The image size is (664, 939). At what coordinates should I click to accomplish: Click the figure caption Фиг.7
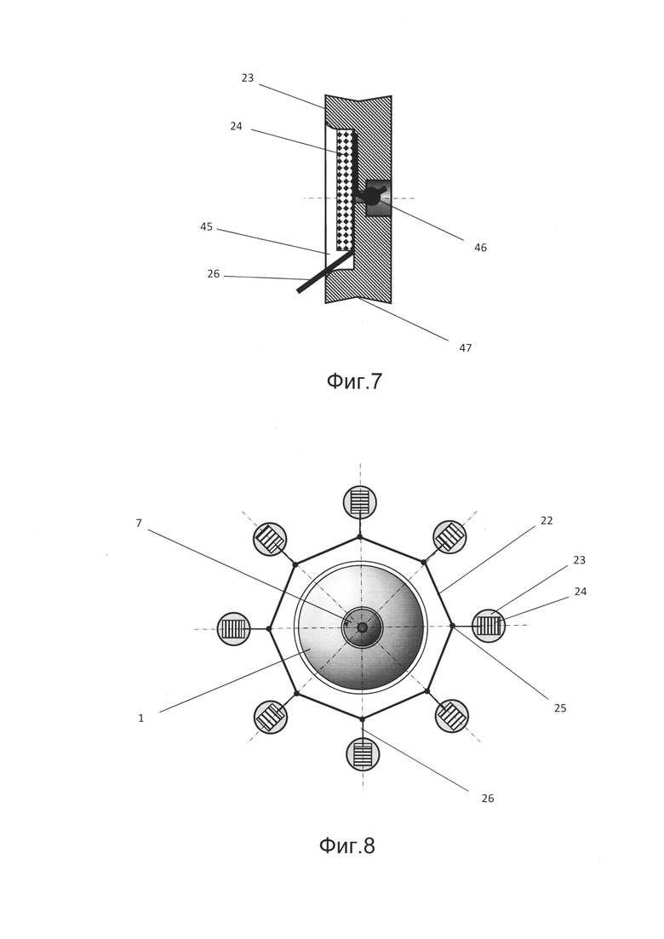[x=354, y=382]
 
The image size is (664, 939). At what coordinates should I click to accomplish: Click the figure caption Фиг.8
[x=346, y=846]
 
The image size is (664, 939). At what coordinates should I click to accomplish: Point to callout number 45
[x=207, y=227]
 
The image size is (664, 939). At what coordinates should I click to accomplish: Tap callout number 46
[x=480, y=248]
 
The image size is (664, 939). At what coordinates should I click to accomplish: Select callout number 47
[x=465, y=348]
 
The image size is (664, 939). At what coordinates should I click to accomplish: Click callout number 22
[x=547, y=521]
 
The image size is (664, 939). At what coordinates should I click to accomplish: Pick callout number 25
[x=560, y=708]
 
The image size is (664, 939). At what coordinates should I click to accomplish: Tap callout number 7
[x=139, y=524]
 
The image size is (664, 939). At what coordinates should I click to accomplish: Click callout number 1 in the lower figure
[x=141, y=719]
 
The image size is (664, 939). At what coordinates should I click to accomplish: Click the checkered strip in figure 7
[x=344, y=189]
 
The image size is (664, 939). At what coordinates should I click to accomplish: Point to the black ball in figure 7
[x=371, y=197]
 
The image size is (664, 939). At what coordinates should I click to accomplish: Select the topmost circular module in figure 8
[x=360, y=501]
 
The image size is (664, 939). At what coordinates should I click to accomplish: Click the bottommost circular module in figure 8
[x=363, y=754]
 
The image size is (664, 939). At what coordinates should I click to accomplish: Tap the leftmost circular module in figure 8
[x=234, y=629]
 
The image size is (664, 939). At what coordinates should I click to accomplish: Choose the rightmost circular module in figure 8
[x=489, y=626]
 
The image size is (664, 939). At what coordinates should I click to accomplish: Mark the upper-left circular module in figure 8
[x=270, y=539]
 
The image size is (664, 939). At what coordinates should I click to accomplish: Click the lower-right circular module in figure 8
[x=452, y=716]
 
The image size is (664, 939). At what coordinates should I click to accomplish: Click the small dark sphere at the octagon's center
[x=363, y=627]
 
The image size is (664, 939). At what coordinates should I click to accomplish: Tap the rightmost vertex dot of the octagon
[x=452, y=626]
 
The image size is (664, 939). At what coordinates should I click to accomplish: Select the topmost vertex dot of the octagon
[x=360, y=536]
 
